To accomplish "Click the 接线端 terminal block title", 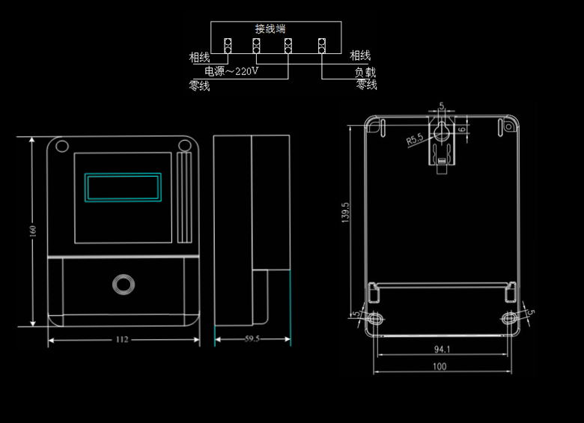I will [270, 28].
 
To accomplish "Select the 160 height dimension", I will [32, 232].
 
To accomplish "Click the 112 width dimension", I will [122, 339].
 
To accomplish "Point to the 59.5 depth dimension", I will [252, 339].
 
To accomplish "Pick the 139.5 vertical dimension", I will [345, 213].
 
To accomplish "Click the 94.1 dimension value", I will [442, 350].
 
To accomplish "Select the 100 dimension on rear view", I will [439, 367].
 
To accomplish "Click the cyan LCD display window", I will [124, 186].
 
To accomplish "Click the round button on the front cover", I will [123, 284].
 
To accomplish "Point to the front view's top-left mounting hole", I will [62, 146].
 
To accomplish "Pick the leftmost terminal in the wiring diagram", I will [228, 46].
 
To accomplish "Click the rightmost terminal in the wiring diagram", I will [322, 46].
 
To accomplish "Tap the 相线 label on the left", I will [199, 56].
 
